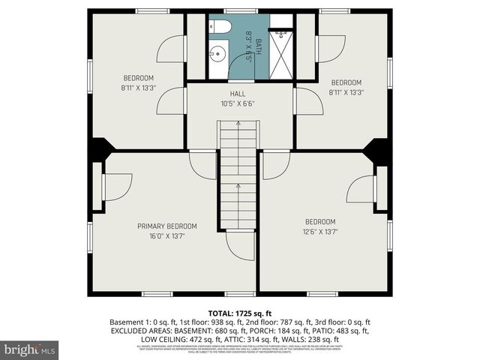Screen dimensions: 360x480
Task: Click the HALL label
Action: (x=238, y=94)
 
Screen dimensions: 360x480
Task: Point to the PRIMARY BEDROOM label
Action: (x=166, y=226)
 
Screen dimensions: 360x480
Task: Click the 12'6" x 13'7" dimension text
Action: (x=321, y=231)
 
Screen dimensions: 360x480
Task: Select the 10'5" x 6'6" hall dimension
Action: (x=238, y=103)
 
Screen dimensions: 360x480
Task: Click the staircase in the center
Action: (x=238, y=176)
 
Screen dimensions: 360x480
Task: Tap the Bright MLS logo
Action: (x=30, y=349)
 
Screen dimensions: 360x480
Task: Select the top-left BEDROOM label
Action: (x=139, y=78)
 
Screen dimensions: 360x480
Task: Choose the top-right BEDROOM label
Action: (x=346, y=82)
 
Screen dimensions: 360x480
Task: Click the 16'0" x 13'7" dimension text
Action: (x=166, y=235)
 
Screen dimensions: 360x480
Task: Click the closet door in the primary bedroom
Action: (x=116, y=187)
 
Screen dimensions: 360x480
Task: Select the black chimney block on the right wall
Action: (x=378, y=151)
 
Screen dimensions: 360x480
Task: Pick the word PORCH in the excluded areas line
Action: (x=249, y=330)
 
